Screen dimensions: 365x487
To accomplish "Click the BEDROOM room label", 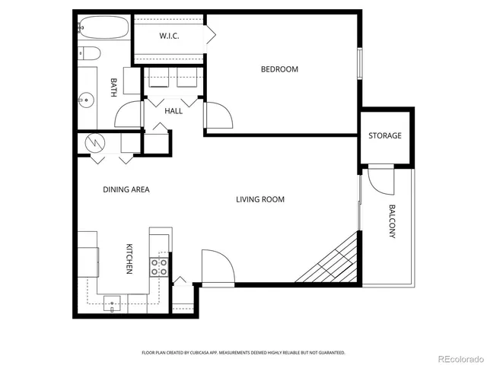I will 279,69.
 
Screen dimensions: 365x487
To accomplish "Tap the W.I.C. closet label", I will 169,36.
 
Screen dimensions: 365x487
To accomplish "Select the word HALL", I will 173,111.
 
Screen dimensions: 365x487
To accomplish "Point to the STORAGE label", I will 385,136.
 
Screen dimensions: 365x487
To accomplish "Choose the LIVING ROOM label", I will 259,199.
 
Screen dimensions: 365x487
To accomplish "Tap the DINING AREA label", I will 126,189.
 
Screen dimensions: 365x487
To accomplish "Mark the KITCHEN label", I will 129,259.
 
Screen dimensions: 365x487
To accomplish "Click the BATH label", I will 113,88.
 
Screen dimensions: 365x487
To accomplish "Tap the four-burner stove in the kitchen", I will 159,266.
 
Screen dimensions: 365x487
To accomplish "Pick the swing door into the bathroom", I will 128,115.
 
